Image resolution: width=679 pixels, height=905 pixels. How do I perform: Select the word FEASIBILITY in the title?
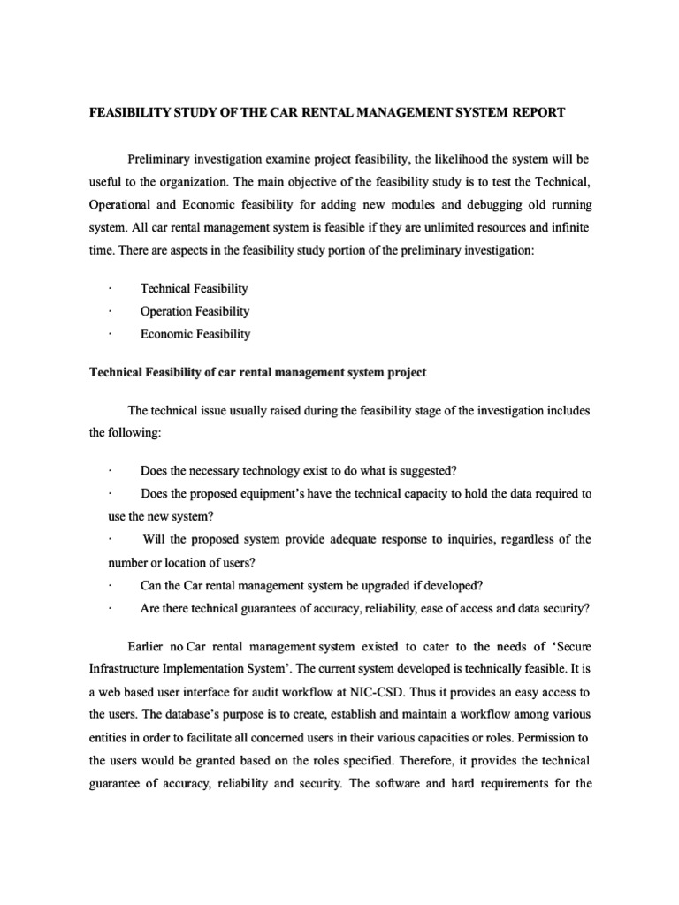pyautogui.click(x=134, y=113)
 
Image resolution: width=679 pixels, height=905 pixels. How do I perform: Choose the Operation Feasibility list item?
pyautogui.click(x=195, y=311)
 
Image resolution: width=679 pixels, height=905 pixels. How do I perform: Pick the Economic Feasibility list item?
pyautogui.click(x=195, y=334)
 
